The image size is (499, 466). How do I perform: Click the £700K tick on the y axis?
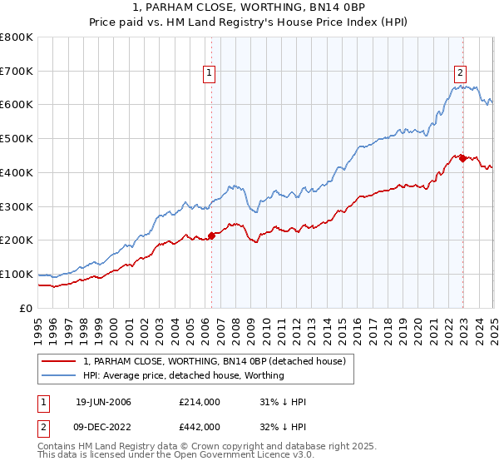tap(17, 71)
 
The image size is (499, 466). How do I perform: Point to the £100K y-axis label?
tap(17, 274)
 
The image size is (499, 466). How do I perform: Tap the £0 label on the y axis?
tap(27, 308)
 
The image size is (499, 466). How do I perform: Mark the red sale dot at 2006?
tap(211, 235)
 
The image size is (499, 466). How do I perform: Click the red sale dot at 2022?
tap(462, 158)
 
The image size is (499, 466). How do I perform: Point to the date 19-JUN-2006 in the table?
tap(103, 402)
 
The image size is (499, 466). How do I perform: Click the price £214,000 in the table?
tap(200, 402)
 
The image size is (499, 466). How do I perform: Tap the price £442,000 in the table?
tap(200, 427)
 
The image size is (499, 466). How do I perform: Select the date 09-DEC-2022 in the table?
tap(103, 427)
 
